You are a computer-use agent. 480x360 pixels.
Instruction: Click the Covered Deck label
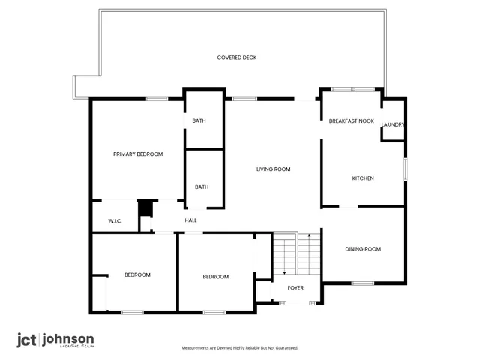[237, 58]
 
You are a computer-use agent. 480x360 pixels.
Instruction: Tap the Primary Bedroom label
[138, 154]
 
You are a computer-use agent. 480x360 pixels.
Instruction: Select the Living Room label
[273, 169]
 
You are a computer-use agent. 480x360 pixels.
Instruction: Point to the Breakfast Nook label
[352, 121]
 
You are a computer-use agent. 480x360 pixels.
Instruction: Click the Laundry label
[393, 124]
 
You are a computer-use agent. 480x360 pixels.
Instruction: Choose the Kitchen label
[363, 178]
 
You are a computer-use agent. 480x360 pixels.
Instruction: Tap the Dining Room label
[363, 249]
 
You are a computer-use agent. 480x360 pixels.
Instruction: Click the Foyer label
[296, 287]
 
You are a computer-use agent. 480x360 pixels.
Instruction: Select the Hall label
[190, 220]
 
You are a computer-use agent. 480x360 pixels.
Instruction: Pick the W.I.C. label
[115, 221]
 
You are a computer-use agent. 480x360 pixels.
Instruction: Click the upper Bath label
[199, 121]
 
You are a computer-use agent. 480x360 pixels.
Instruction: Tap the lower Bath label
[202, 187]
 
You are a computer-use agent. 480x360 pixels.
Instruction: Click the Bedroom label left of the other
[137, 274]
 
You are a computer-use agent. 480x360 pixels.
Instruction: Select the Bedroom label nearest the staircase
[216, 277]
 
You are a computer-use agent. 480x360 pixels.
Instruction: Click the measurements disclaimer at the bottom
[240, 348]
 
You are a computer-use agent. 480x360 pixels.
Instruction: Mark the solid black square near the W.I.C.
[145, 208]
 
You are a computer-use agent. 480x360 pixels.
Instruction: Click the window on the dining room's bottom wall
[362, 283]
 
